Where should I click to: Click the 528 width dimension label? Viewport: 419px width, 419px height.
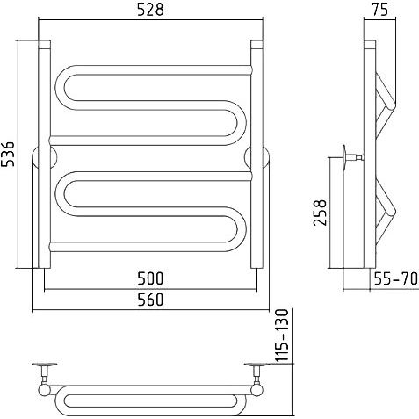(150, 10)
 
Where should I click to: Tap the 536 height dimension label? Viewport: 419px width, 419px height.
(8, 155)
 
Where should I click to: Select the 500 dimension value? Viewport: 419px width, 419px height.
(150, 278)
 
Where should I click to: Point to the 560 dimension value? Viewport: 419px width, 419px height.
(150, 300)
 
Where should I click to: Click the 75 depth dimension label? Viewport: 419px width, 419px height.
(379, 10)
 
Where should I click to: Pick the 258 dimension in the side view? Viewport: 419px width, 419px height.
(320, 213)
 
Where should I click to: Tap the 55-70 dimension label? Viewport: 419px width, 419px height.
(396, 278)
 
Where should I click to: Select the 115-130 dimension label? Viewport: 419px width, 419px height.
(283, 335)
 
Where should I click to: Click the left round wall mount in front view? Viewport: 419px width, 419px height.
(44, 157)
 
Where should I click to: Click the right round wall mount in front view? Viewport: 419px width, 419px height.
(257, 157)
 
